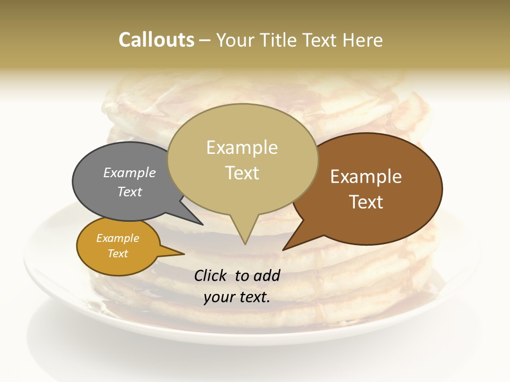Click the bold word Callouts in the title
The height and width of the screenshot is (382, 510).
pyautogui.click(x=156, y=40)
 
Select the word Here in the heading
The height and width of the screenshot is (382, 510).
pyautogui.click(x=363, y=40)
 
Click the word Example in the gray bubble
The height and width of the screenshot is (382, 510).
pyautogui.click(x=130, y=172)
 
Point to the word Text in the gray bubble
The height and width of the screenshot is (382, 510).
pyautogui.click(x=130, y=192)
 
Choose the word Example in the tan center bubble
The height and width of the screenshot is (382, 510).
pyautogui.click(x=242, y=147)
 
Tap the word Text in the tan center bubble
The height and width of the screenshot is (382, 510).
pyautogui.click(x=242, y=173)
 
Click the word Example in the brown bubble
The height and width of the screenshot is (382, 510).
pyautogui.click(x=366, y=177)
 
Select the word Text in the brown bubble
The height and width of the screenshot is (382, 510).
pyautogui.click(x=366, y=202)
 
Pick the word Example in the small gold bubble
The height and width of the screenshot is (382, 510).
pyautogui.click(x=118, y=238)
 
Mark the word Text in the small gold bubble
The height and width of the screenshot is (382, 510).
pyautogui.click(x=118, y=254)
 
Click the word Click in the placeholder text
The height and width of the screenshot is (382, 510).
pyautogui.click(x=210, y=275)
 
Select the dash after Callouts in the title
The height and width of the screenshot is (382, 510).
pyautogui.click(x=206, y=40)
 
